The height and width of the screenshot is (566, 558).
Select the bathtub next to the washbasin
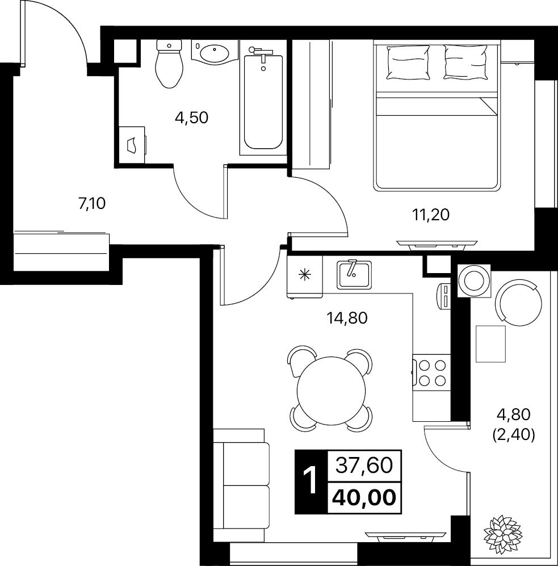click(x=263, y=101)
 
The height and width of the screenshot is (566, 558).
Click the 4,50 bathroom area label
click(x=192, y=118)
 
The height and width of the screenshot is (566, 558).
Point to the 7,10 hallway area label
click(x=92, y=204)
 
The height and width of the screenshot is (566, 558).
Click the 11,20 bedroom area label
click(x=431, y=215)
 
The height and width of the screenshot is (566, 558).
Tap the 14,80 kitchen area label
click(x=347, y=318)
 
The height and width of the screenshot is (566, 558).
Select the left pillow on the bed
click(x=408, y=62)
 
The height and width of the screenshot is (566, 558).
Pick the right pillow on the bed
click(x=465, y=61)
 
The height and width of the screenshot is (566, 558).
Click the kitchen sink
click(x=354, y=275)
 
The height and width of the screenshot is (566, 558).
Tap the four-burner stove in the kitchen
click(x=431, y=373)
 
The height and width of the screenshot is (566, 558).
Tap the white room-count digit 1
click(x=311, y=480)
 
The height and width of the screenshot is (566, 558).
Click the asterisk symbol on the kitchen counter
click(x=305, y=275)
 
